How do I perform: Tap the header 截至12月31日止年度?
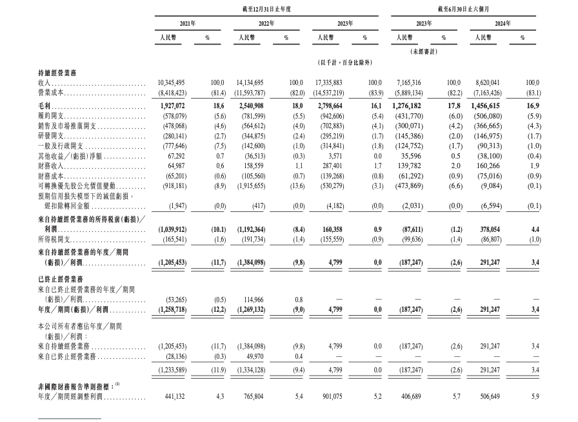click(x=266, y=8)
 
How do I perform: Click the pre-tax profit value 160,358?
click(x=330, y=228)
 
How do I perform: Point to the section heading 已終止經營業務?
click(x=61, y=281)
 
